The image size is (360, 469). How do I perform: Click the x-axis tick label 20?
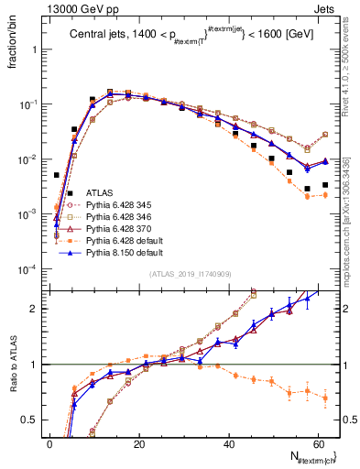(138, 442)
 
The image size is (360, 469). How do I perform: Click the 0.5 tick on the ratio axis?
(35, 420)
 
